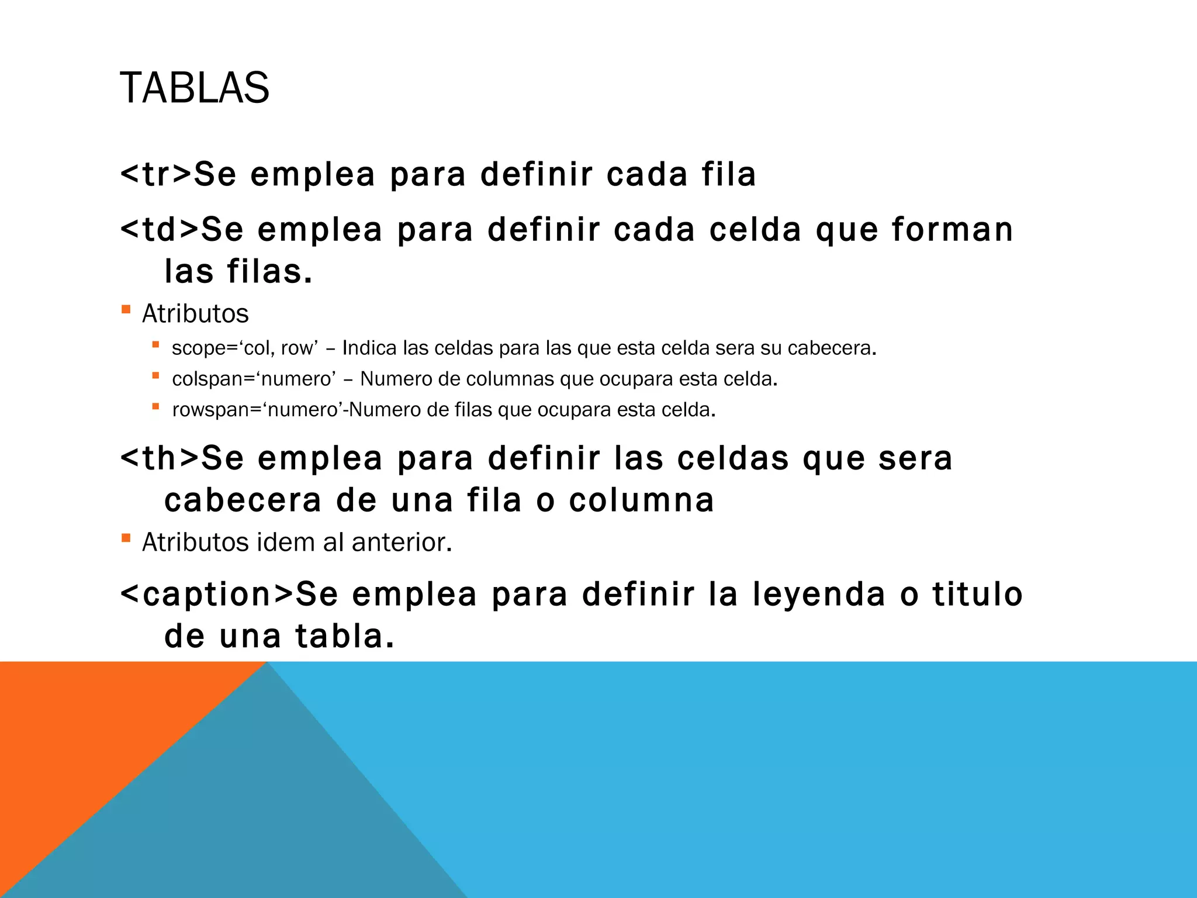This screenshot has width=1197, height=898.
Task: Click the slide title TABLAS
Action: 194,88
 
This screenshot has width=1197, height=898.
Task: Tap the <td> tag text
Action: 160,229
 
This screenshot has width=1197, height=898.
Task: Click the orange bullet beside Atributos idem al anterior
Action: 126,538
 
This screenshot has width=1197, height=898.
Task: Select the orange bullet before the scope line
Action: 155,345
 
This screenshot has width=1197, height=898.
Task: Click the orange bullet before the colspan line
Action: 155,376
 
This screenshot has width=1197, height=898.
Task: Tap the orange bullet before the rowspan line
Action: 155,406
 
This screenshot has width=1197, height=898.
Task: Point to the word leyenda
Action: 818,594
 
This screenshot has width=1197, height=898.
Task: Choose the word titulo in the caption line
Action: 977,594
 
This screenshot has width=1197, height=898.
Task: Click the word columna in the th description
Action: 641,500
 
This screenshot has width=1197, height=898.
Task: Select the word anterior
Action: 402,543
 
